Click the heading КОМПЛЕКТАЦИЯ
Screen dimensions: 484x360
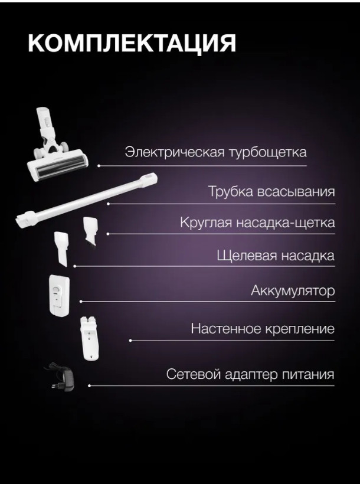click(132, 45)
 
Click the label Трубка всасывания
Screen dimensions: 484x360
click(271, 192)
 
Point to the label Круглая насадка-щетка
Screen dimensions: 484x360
click(257, 223)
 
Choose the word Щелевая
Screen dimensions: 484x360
click(243, 256)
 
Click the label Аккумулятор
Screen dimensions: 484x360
click(293, 290)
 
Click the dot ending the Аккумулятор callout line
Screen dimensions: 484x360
click(80, 302)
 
